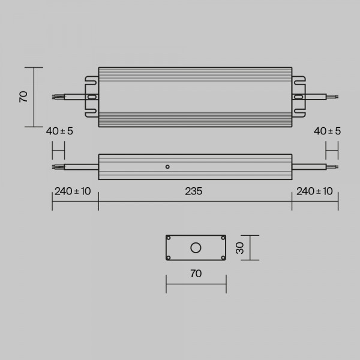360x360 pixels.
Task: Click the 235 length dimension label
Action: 194,191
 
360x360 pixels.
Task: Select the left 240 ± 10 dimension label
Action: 73,191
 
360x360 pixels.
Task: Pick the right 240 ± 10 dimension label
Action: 314,191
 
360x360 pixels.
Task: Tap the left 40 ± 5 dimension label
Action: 59,131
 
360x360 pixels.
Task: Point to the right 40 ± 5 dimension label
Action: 327,131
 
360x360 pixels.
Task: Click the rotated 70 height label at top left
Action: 23,97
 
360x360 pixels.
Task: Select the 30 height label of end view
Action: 240,248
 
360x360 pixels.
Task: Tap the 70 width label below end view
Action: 196,274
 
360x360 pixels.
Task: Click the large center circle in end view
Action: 196,248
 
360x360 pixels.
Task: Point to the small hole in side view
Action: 167,167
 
